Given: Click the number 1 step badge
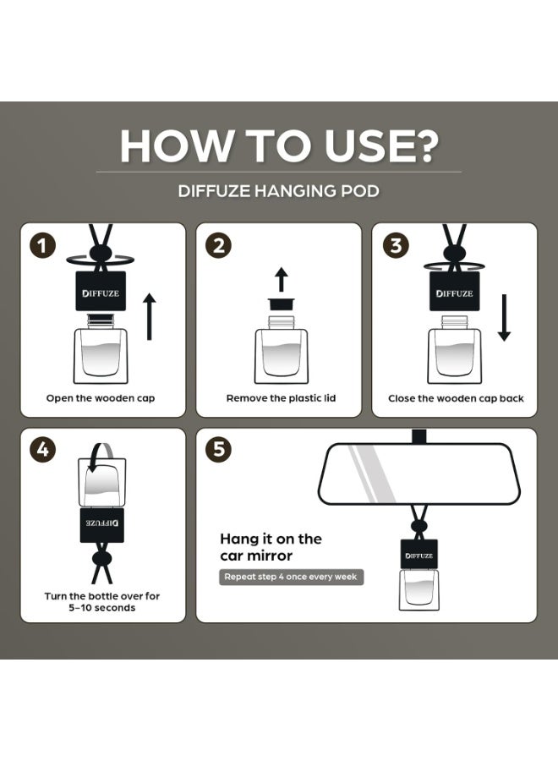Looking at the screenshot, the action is (x=43, y=245).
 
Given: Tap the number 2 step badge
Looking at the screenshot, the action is (x=219, y=245).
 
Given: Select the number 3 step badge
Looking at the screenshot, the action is (x=396, y=245).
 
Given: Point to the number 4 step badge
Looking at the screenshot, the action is (x=43, y=450).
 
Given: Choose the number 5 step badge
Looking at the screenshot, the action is (x=219, y=450).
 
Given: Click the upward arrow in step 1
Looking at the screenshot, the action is (x=150, y=316).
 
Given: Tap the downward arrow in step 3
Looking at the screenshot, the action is (x=504, y=317).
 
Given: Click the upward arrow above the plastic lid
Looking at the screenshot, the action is (x=281, y=279).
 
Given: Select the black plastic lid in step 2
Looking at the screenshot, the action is (x=281, y=304).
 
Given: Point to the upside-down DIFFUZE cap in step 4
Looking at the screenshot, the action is (x=102, y=525).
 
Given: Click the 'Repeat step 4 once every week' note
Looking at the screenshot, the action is (x=291, y=577).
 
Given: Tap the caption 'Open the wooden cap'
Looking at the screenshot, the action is (x=101, y=398).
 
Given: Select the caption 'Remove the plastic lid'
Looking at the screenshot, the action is (x=281, y=398).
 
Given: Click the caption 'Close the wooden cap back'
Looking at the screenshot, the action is (x=456, y=398).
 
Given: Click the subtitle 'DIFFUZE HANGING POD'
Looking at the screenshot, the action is (x=278, y=191).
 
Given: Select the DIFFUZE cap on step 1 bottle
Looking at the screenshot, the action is (x=101, y=291).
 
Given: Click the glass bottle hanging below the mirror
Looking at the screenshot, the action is (x=418, y=589).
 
